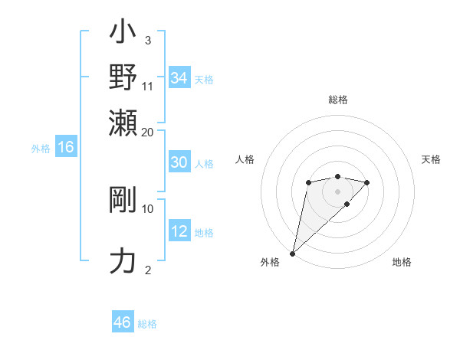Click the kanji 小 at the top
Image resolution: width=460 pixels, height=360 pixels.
coord(123,34)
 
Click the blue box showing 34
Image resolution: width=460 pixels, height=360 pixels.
coord(179,78)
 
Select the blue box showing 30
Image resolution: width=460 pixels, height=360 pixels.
coord(179,162)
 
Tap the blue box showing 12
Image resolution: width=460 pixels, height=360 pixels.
coord(179,231)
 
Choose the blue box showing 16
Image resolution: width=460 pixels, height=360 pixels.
coord(65,148)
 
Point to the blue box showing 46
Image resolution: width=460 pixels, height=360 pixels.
coord(122,322)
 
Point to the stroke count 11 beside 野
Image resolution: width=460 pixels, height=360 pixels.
coord(148,86)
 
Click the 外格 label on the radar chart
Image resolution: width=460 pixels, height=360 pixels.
coord(270,263)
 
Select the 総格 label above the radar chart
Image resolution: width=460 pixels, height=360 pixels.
coord(337,100)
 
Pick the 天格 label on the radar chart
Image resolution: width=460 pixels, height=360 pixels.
coord(431,159)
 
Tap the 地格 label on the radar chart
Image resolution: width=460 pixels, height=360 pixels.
coord(402,263)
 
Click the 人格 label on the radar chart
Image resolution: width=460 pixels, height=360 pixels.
coord(245,159)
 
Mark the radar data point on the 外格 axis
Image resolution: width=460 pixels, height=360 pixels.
coord(292,253)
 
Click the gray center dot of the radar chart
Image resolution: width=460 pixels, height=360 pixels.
coord(337,191)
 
